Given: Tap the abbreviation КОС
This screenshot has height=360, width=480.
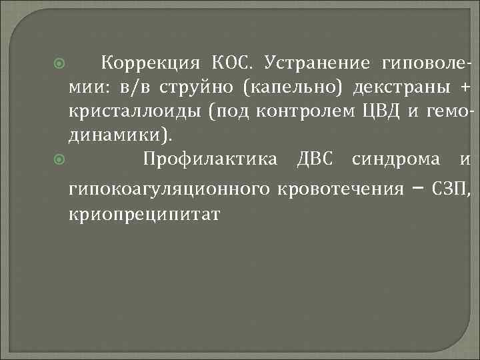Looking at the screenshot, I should click(233, 64).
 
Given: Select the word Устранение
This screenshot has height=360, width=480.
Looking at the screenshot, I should click(317, 64).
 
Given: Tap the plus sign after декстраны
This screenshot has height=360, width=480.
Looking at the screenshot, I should click(465, 89).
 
